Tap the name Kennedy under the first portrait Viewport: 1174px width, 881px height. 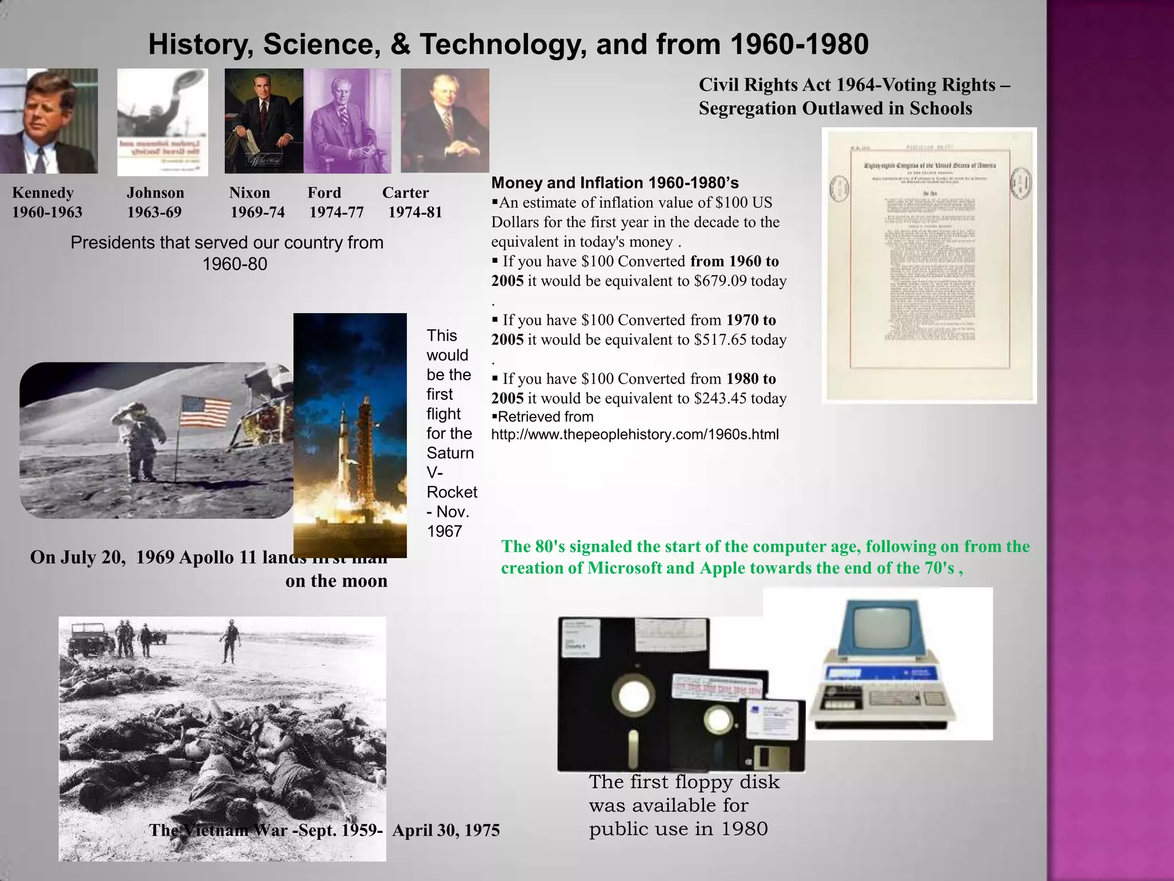pos(43,193)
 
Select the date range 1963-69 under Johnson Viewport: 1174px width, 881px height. pos(154,212)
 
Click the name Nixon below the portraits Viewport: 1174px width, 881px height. pos(249,193)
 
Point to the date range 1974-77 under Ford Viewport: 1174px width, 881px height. pos(336,212)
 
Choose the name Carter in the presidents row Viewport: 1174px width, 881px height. pos(405,193)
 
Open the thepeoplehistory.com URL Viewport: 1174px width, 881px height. pos(635,434)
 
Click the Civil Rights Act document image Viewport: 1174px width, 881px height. pos(929,265)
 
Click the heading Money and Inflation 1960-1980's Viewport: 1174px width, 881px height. pos(615,183)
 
